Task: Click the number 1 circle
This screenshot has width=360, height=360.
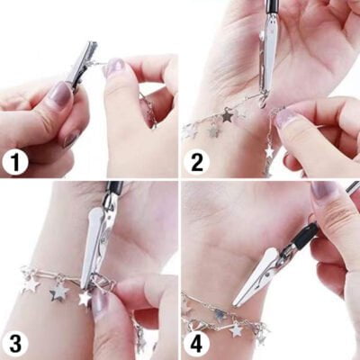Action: point(15,163)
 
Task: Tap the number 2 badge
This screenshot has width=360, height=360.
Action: point(196,163)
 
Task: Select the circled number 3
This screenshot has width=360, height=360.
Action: point(15,343)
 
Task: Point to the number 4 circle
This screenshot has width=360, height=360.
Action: point(196,343)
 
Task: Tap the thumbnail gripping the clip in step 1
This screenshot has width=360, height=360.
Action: point(61,94)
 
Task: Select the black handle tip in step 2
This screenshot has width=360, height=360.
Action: point(272,6)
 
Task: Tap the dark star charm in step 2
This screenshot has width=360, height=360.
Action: point(227,115)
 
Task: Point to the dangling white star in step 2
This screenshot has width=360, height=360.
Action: point(269,151)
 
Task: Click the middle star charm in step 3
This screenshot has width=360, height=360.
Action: point(59,292)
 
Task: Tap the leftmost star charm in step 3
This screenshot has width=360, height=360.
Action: point(31,285)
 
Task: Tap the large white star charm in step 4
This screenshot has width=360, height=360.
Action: point(236,329)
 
